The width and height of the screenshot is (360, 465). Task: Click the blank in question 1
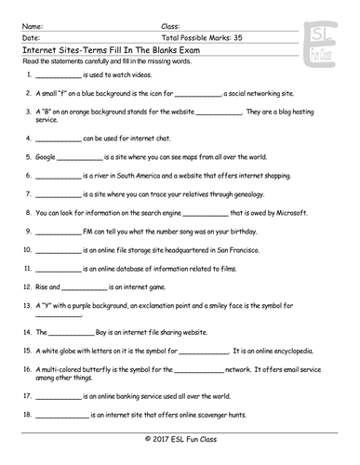click(x=56, y=73)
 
